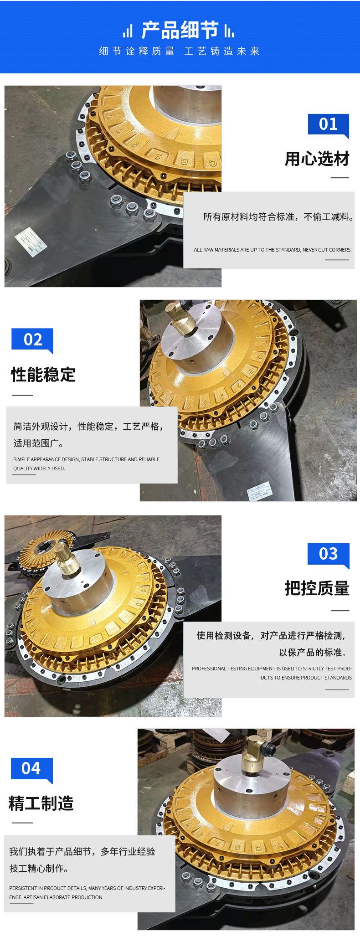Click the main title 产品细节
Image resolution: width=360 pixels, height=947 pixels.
coord(180,30)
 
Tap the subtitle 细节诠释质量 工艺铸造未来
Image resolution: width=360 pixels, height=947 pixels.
coord(180,51)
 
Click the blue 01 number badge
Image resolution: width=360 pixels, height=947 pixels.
coord(328,124)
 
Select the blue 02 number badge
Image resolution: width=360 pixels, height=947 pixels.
coord(32,340)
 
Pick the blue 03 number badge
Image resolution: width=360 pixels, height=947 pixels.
coord(328,554)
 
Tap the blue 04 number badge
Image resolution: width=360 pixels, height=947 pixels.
coord(31,769)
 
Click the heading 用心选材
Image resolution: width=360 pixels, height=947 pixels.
coord(317,159)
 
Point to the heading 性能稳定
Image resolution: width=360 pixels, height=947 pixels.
coord(43,375)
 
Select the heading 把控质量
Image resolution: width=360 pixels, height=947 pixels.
coord(317,588)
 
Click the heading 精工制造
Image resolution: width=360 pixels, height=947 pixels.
coord(41,803)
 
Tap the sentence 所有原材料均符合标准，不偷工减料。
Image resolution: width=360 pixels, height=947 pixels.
coord(278,217)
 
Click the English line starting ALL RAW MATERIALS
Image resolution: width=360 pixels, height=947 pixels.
coord(273,250)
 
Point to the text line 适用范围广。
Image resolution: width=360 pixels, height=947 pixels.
coord(39,443)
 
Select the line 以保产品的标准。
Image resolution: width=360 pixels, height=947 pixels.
coord(313,653)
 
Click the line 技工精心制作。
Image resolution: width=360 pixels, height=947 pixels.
coord(39,869)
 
